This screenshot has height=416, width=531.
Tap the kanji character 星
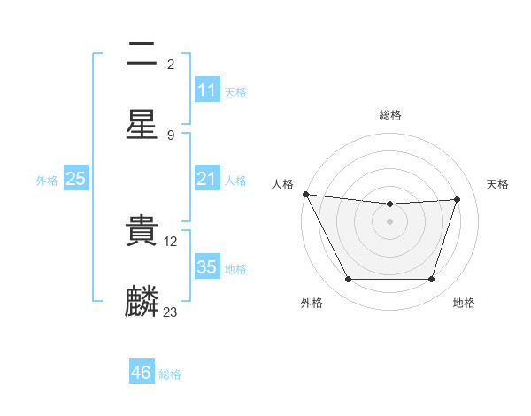pyautogui.click(x=142, y=124)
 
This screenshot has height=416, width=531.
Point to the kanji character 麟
pyautogui.click(x=142, y=302)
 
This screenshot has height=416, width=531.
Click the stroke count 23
pyautogui.click(x=171, y=312)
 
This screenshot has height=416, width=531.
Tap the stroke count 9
pyautogui.click(x=171, y=135)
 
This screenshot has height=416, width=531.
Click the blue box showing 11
pyautogui.click(x=206, y=90)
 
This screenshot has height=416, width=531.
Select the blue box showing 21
pyautogui.click(x=206, y=179)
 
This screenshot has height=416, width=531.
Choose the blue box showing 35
pyautogui.click(x=206, y=267)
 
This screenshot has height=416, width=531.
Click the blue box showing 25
pyautogui.click(x=75, y=179)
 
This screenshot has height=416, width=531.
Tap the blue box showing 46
pyautogui.click(x=141, y=373)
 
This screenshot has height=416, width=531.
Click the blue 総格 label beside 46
pyautogui.click(x=170, y=374)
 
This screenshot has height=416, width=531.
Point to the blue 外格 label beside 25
pyautogui.click(x=47, y=180)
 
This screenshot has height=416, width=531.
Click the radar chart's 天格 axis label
pyautogui.click(x=498, y=184)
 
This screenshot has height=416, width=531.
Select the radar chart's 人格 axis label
pyautogui.click(x=282, y=184)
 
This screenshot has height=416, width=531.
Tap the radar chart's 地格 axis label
pyautogui.click(x=464, y=303)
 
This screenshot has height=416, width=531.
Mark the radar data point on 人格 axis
pyautogui.click(x=305, y=194)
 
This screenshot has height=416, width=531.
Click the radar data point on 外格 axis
pyautogui.click(x=348, y=280)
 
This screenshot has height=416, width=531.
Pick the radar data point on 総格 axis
pyautogui.click(x=389, y=204)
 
